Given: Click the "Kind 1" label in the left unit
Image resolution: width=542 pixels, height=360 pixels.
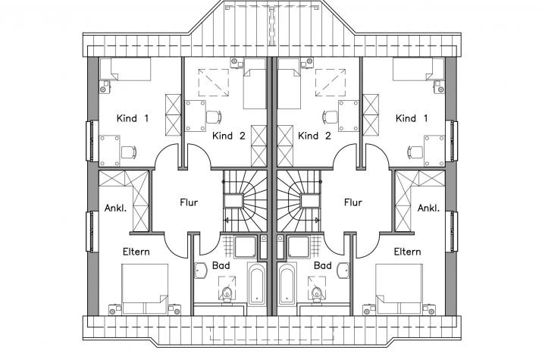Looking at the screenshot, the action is (x=133, y=118).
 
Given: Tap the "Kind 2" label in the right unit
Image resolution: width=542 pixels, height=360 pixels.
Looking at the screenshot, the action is (x=314, y=136).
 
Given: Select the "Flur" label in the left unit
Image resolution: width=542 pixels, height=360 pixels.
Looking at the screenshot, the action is (x=189, y=202).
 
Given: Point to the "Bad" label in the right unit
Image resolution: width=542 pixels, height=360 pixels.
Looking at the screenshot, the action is (x=323, y=266).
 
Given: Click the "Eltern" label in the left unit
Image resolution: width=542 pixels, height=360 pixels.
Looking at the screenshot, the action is (x=136, y=252).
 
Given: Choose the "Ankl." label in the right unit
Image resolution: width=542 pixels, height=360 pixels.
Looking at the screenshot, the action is (x=428, y=208).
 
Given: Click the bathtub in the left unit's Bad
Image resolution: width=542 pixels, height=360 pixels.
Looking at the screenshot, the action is (x=257, y=283).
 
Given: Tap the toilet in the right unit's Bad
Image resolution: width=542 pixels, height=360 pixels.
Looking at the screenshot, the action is (x=316, y=293).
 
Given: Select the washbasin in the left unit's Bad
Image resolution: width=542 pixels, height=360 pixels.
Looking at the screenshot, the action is (x=200, y=270).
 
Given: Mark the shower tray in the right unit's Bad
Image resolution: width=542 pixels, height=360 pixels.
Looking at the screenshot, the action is (x=299, y=247).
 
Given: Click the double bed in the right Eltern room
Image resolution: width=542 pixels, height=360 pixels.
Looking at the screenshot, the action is (x=399, y=290).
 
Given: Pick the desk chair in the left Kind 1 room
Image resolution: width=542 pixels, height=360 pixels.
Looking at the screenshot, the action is (x=129, y=152).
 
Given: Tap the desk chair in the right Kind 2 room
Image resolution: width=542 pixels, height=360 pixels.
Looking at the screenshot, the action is (x=330, y=117).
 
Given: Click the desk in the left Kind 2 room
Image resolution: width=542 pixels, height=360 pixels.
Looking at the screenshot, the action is (x=196, y=116).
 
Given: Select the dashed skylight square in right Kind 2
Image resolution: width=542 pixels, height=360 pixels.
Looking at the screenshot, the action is (x=331, y=83).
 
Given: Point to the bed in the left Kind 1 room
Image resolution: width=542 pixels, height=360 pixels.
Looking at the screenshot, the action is (x=126, y=69).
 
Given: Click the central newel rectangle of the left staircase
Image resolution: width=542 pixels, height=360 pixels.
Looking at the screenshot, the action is (x=234, y=201).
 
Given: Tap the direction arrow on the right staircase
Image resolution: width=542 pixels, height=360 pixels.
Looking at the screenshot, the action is (x=316, y=220).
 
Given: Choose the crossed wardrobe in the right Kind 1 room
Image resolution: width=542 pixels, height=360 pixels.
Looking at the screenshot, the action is (x=371, y=115).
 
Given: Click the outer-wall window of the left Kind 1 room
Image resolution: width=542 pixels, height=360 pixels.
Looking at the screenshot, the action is (x=91, y=141).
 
